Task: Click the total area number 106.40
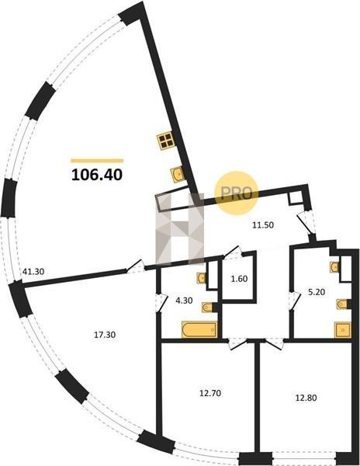point(97,175)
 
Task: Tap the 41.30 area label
point(33,271)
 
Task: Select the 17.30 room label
point(105,335)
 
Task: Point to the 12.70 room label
point(210,393)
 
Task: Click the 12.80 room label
point(306,398)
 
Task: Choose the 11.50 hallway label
point(263,225)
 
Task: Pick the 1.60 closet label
point(239,279)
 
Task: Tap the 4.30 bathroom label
point(184,301)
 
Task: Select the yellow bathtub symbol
point(199,329)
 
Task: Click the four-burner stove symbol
point(165,141)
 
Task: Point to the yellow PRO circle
point(237,193)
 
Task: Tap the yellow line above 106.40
point(97,161)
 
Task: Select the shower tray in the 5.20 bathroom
point(342,330)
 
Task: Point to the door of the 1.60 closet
point(234,252)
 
